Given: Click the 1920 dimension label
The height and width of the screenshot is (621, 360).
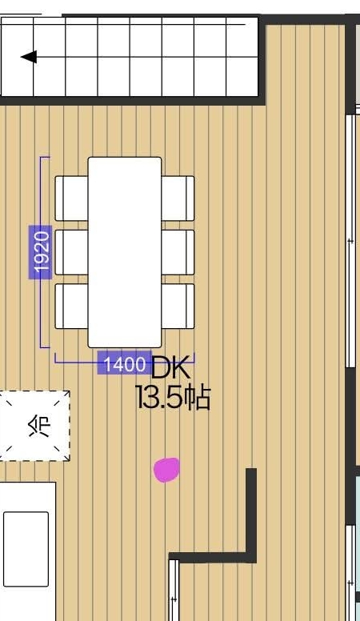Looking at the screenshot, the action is coord(40,252).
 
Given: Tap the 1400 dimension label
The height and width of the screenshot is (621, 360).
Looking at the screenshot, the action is coord(124,363).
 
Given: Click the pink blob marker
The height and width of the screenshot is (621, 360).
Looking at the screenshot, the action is coord(166,470).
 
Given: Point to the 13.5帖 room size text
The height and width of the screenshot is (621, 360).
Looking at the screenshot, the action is coord(173,397).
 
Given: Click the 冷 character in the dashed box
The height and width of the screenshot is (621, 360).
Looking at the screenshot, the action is coord(39,427).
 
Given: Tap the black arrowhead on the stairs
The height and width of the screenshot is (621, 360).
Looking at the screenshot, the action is coord(29,57).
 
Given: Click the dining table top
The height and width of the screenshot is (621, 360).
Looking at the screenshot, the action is coord(124,252).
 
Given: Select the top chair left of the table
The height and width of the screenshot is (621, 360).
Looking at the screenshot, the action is coord(71,198).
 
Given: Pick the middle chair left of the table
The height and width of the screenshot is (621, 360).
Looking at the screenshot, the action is coord(71,252).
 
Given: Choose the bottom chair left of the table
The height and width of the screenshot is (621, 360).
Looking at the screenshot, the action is coord(71,306).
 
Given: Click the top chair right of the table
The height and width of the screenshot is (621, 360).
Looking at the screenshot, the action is coord(178,198).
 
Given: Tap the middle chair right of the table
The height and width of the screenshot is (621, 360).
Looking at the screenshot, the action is coord(178,252).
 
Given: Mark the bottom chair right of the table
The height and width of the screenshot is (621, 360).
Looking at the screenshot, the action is coord(178,306).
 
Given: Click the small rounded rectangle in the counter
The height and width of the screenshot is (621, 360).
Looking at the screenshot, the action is coord(26,549).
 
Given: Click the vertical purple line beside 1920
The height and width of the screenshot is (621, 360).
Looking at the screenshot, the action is coord(41,252).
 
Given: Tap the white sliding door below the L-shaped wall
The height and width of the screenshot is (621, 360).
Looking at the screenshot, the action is coord(174,590).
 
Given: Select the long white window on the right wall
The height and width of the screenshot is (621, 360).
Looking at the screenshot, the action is coord(350,241).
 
